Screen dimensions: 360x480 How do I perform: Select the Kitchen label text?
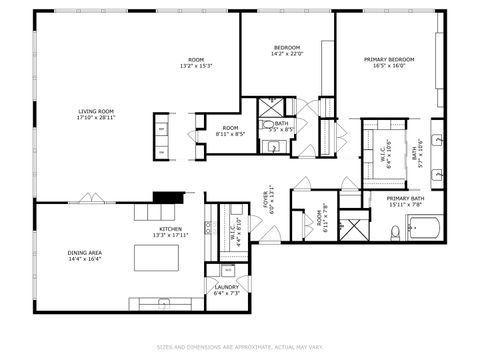click(x=170, y=233)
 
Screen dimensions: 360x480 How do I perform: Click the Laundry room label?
click(x=226, y=290)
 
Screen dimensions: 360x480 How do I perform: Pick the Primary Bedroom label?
click(x=388, y=63)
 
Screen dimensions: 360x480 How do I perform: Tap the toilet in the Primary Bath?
click(x=396, y=232)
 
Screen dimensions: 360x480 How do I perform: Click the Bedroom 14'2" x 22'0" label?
click(x=287, y=51)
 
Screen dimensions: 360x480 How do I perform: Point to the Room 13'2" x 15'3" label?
click(x=196, y=63)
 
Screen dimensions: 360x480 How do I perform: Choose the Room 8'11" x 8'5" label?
click(x=230, y=130)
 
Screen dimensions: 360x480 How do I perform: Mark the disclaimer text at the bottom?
click(x=240, y=348)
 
